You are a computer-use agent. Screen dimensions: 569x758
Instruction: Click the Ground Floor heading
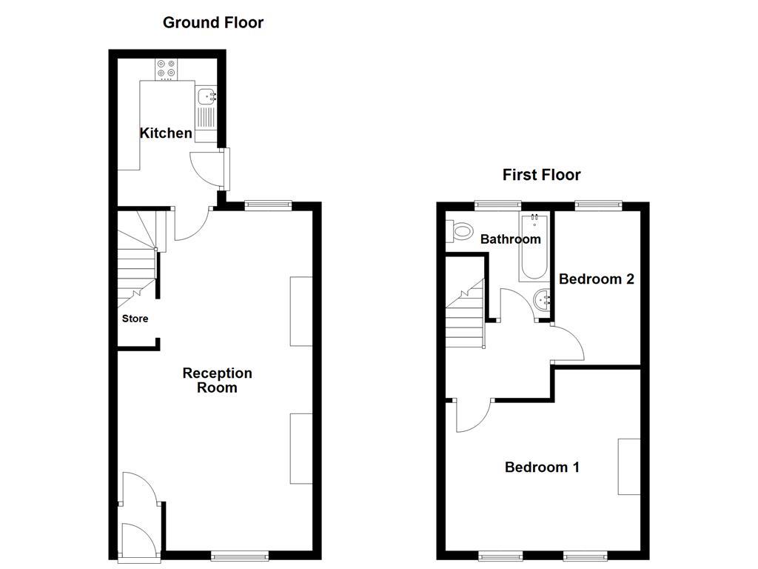click(212, 22)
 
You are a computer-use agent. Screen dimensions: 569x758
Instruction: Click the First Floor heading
click(541, 175)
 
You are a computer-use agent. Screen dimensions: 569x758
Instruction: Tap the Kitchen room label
click(166, 133)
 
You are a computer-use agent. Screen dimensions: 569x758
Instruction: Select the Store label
click(135, 319)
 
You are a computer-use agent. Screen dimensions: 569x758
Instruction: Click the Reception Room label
click(217, 380)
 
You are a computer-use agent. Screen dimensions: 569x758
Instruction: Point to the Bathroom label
click(510, 239)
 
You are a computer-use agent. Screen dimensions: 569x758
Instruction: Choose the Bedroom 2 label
click(596, 279)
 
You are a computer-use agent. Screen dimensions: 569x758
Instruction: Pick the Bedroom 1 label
click(542, 467)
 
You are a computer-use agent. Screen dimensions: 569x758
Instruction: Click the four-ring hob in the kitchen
click(166, 68)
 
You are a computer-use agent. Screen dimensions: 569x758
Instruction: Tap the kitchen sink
click(206, 96)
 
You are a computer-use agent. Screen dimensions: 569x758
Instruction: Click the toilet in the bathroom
click(460, 232)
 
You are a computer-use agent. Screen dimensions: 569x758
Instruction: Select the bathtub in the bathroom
click(532, 248)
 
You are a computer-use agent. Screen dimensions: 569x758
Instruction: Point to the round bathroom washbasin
click(542, 299)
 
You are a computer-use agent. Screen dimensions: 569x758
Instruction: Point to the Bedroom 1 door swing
click(472, 416)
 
